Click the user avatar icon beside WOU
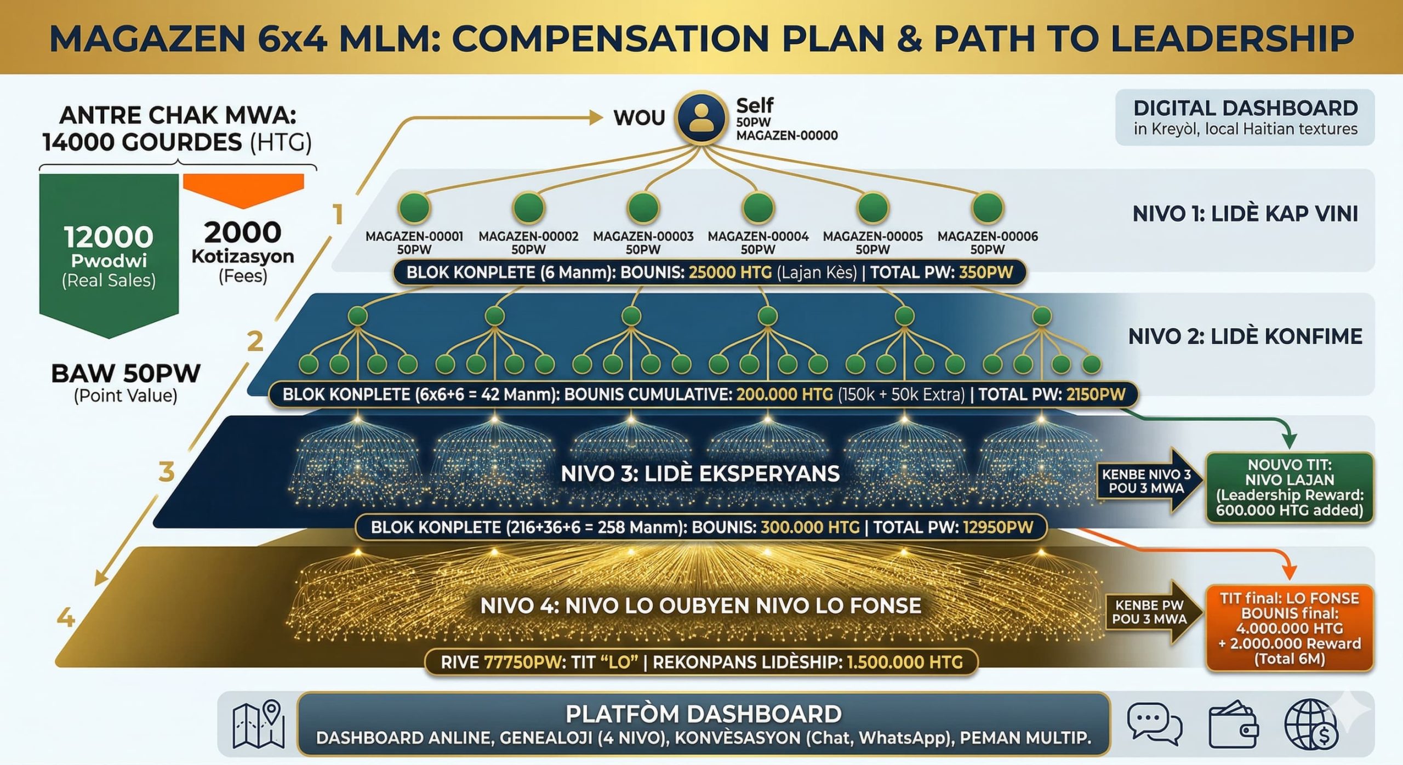701,118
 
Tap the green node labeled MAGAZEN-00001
414,207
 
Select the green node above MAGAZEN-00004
758,207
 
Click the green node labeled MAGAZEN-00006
987,207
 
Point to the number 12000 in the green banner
109,237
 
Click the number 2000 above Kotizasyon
243,232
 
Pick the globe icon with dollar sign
1310,724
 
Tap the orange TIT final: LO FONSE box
1289,628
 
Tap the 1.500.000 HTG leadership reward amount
905,662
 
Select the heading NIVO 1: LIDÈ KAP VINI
1245,214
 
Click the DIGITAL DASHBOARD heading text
1245,108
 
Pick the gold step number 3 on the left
166,472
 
